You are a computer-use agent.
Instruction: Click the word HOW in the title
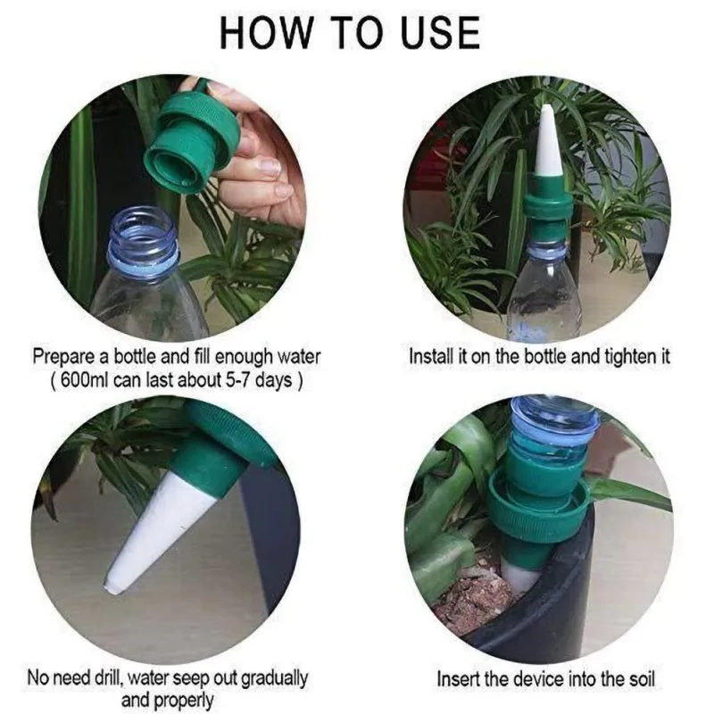coord(264,32)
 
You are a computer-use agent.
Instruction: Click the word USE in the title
coord(440,32)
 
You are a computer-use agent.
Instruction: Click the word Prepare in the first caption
coord(65,357)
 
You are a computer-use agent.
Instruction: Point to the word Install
coord(431,356)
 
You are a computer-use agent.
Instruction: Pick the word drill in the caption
coord(106,677)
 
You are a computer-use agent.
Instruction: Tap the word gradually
coord(275,678)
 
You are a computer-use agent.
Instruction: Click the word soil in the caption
coord(641,679)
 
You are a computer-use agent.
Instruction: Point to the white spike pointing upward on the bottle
coord(547,142)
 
